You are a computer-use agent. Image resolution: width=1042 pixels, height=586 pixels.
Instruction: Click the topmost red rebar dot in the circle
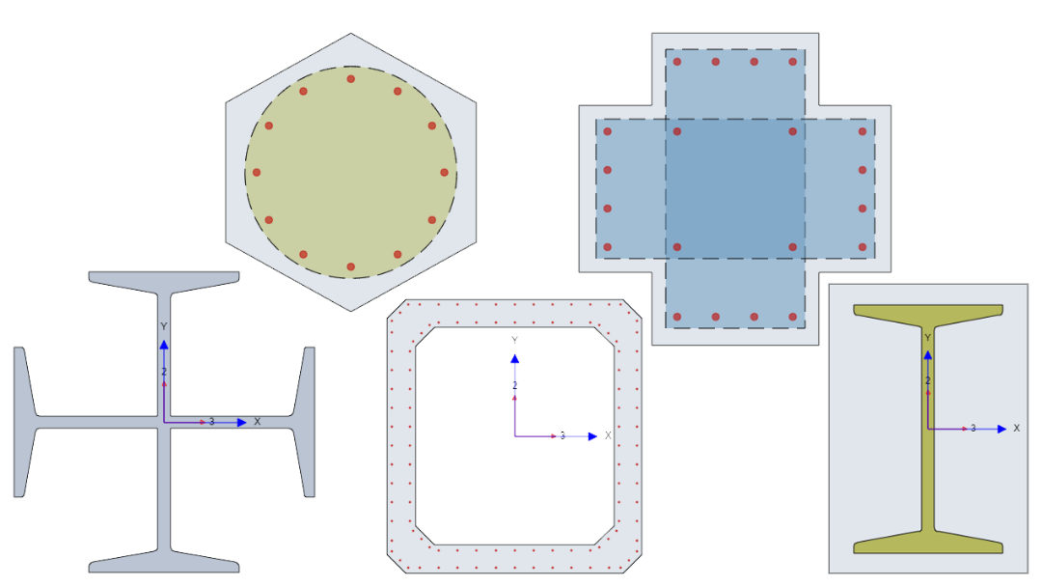[x=351, y=79]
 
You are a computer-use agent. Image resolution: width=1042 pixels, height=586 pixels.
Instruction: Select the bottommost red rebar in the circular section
[x=351, y=266]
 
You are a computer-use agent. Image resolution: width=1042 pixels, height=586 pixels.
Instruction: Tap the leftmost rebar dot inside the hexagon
[x=257, y=172]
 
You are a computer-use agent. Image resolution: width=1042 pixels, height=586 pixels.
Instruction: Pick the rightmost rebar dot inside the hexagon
[x=445, y=172]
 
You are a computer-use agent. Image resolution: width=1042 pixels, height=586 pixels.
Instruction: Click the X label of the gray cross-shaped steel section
[x=258, y=422]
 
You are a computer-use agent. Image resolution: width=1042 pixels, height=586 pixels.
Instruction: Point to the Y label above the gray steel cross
[x=163, y=326]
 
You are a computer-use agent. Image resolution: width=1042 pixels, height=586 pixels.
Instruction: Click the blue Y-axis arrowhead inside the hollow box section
[x=514, y=358]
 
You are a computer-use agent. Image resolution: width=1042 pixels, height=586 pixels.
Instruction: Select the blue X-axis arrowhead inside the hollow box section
[x=592, y=436]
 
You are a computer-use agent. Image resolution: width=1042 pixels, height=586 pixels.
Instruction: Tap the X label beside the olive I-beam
[x=1016, y=429]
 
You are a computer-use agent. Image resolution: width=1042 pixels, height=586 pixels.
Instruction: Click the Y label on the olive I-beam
[x=928, y=338]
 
